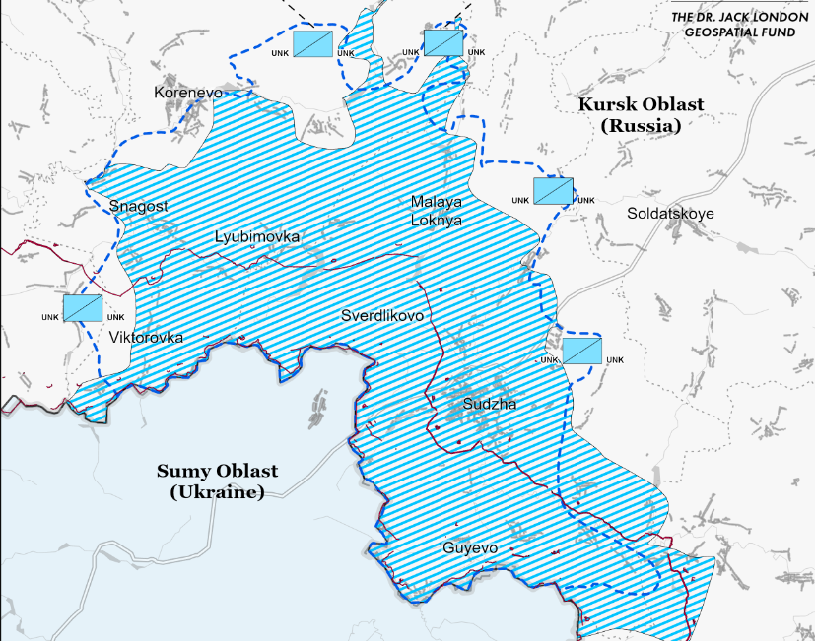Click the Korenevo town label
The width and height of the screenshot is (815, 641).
point(189,93)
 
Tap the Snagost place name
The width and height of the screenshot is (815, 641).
point(139,206)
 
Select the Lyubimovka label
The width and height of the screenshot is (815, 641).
point(257,237)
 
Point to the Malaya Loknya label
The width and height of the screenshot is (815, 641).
point(436,211)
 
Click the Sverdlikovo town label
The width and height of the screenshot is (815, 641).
point(382,316)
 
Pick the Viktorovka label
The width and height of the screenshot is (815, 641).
point(147,337)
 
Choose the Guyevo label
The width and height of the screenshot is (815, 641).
point(470,548)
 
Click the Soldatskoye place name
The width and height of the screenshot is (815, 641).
point(670,213)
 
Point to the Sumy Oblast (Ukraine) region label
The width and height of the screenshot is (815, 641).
point(217,481)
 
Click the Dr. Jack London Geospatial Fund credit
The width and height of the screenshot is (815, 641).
point(737,25)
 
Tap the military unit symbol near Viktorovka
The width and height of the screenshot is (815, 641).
point(84,308)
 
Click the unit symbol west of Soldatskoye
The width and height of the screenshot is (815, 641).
point(554,190)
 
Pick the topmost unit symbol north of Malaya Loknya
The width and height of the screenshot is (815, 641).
point(443,42)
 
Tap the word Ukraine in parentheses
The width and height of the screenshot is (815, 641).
point(217,491)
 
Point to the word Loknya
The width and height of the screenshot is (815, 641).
point(436,221)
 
